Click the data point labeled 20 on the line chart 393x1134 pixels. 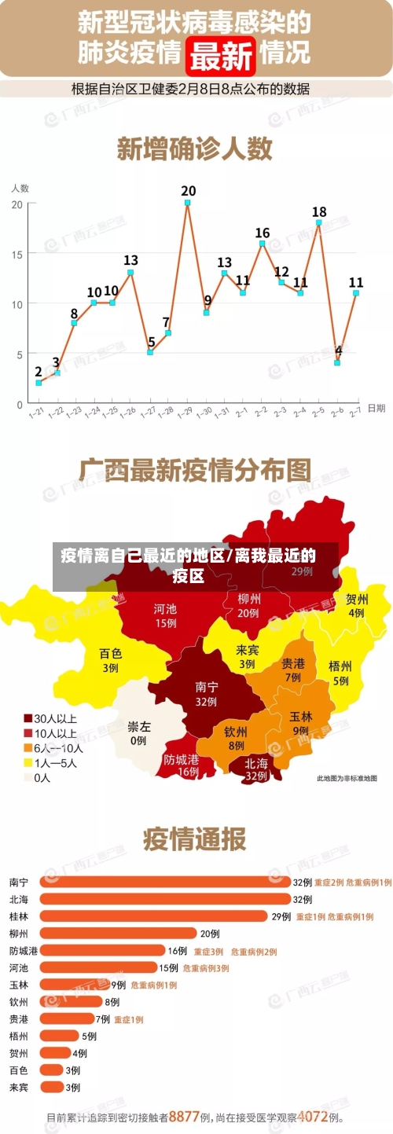[188, 203]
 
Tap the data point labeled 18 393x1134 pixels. [318, 222]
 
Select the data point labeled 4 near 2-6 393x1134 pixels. [337, 363]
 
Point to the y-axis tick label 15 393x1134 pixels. [17, 253]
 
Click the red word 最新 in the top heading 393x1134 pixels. [222, 55]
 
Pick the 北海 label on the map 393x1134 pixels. [256, 769]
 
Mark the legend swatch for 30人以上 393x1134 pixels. [28, 718]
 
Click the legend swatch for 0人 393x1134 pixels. [28, 777]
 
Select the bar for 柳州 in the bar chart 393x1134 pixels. [118, 934]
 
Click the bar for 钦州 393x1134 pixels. [71, 1001]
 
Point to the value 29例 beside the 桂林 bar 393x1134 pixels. [281, 916]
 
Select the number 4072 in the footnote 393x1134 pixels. [312, 1115]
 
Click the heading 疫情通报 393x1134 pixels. [194, 839]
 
